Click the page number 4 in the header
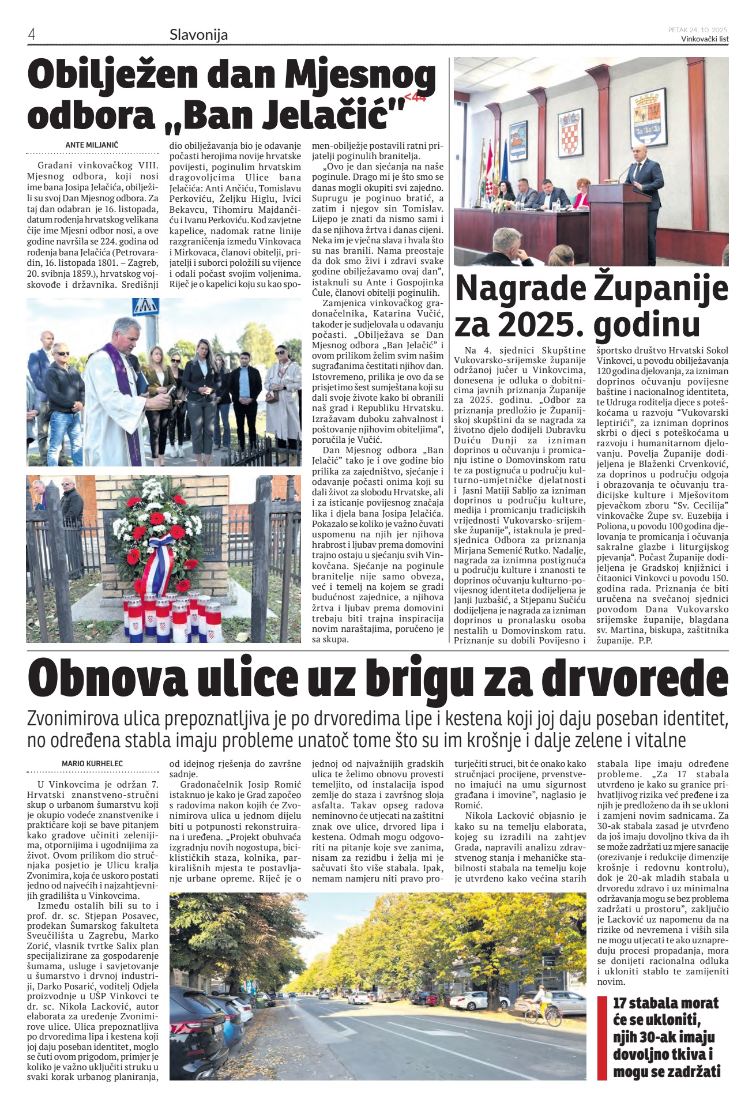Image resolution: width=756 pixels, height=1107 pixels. [32, 35]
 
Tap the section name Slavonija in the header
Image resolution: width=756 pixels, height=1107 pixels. [198, 35]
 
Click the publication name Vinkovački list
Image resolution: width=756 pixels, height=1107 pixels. [705, 39]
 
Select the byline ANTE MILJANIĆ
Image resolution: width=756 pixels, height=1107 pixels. [92, 145]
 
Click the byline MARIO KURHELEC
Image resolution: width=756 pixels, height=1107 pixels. [92, 764]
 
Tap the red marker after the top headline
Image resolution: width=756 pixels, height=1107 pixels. [415, 98]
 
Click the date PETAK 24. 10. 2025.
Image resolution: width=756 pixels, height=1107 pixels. [698, 29]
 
